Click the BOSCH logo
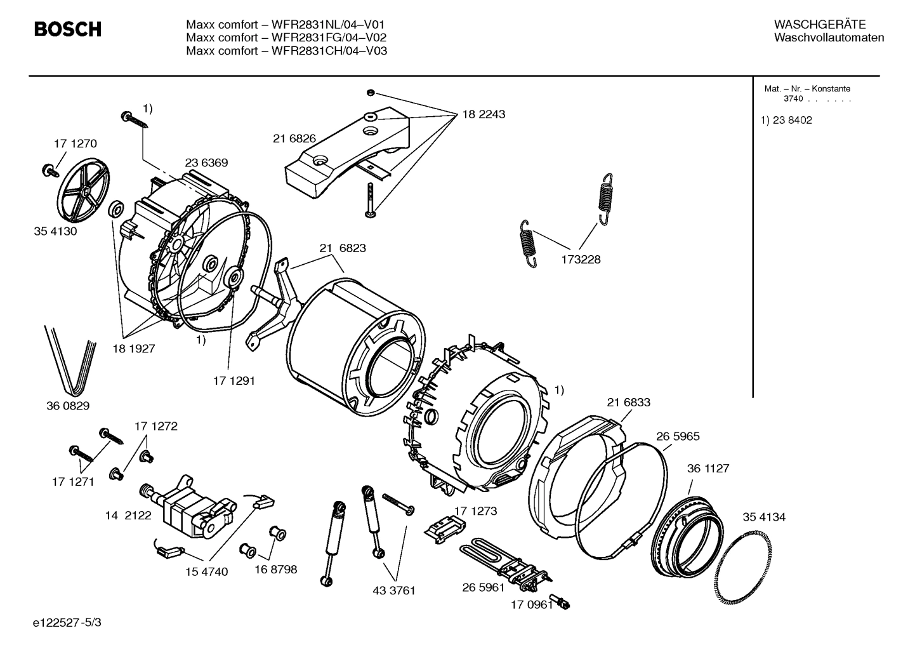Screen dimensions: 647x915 (67, 29)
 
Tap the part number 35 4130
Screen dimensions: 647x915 (55, 231)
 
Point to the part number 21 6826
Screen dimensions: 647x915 (294, 138)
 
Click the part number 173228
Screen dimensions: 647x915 (580, 259)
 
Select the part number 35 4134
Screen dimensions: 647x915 (763, 517)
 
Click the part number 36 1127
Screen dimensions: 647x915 (708, 468)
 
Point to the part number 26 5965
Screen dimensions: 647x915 (678, 436)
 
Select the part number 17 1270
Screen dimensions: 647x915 (75, 143)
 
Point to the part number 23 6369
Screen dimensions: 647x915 (206, 163)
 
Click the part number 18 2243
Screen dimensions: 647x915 (484, 114)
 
